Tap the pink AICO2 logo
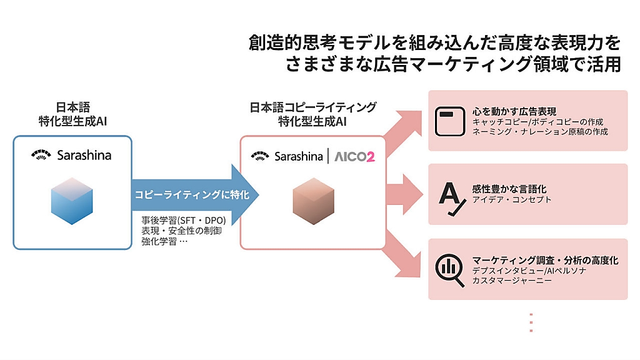[x=354, y=156]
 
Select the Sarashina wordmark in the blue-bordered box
[x=84, y=155]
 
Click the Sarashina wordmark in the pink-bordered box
[x=298, y=156]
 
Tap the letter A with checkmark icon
[x=449, y=195]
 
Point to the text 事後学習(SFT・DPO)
[x=182, y=221]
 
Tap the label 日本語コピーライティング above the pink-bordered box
[x=312, y=107]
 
